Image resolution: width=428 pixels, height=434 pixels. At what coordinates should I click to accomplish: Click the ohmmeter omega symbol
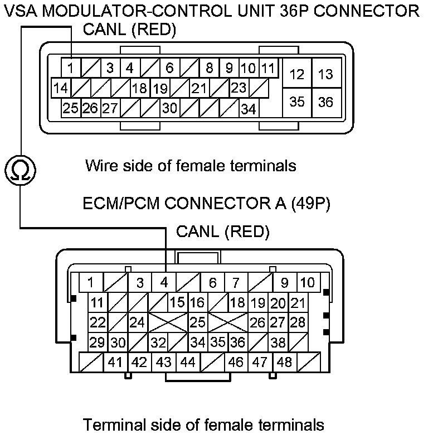tap(21, 170)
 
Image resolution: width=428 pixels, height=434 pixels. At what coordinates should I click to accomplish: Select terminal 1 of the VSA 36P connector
tap(71, 69)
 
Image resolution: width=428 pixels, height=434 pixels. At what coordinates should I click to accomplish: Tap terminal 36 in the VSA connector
tap(326, 102)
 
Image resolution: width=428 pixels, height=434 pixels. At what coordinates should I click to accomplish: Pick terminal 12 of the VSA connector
tap(298, 74)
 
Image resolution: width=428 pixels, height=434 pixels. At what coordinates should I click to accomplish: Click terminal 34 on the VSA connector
tap(248, 108)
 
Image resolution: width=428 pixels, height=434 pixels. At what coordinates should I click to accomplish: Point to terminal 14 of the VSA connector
tap(62, 88)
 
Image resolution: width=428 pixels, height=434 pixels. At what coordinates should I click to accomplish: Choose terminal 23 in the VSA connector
tap(239, 88)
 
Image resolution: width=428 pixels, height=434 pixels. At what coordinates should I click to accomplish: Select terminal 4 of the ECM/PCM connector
tap(164, 282)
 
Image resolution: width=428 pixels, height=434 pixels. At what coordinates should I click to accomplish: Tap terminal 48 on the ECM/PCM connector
tap(284, 362)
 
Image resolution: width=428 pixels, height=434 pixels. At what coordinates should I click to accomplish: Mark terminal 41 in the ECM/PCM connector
tap(115, 362)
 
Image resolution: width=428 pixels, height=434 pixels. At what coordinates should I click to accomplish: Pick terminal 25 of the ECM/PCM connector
tap(197, 322)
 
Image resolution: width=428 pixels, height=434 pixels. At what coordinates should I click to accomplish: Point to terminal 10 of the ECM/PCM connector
tap(308, 282)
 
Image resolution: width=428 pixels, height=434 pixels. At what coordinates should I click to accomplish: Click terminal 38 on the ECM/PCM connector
tap(278, 342)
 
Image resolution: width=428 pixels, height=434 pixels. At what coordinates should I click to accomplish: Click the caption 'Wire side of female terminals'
tap(190, 166)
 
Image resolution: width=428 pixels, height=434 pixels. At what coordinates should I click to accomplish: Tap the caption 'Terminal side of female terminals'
tap(203, 424)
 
